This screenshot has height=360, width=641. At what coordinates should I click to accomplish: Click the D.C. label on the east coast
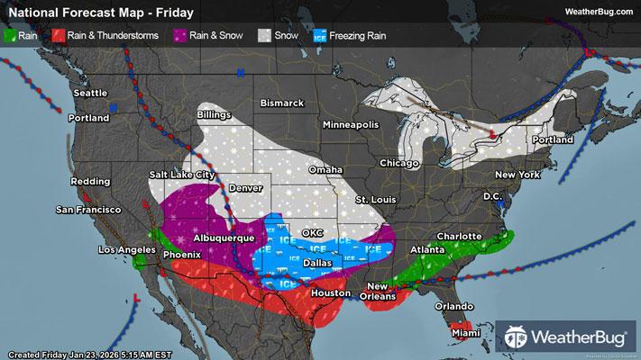point(491,194)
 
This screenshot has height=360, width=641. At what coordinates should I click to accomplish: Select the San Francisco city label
point(88,210)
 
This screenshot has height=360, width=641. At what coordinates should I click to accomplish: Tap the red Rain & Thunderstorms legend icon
point(57,36)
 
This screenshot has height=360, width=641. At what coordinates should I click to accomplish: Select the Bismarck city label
point(282,103)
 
